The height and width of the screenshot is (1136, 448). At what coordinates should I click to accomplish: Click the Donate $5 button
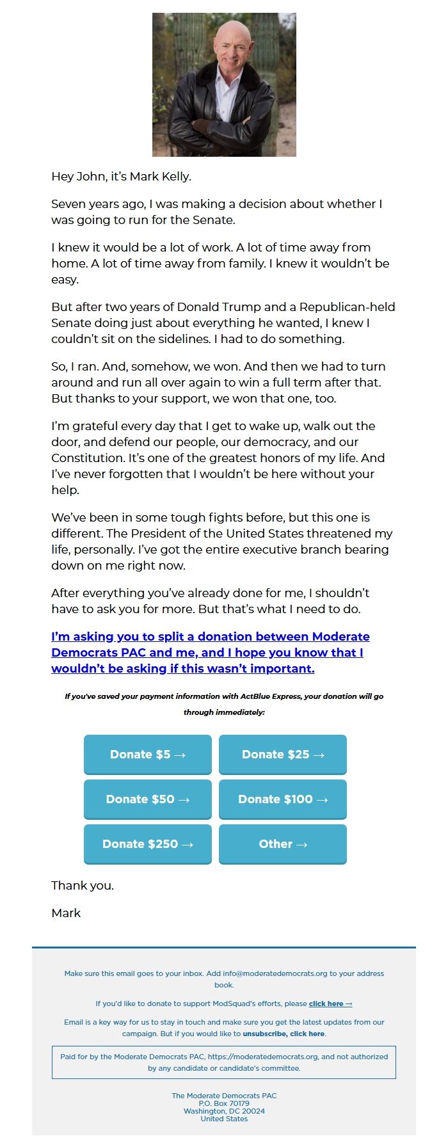click(x=147, y=755)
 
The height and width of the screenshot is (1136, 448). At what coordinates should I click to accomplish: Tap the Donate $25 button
click(x=282, y=755)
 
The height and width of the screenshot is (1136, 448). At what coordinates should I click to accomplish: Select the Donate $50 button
click(x=147, y=799)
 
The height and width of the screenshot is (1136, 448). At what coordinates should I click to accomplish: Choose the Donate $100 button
click(x=282, y=799)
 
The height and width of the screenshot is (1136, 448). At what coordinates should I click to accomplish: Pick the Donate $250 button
click(x=147, y=844)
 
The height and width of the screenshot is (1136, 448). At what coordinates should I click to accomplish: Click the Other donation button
click(x=282, y=844)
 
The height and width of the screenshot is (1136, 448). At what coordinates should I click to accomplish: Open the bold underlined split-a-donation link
click(x=210, y=652)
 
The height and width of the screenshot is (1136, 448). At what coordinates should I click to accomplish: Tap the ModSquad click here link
click(x=330, y=1004)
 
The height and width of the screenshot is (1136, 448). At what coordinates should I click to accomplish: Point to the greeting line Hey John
click(x=121, y=177)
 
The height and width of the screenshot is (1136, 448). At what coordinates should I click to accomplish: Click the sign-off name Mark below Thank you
click(x=66, y=913)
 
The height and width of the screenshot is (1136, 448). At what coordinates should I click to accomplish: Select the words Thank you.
click(x=83, y=886)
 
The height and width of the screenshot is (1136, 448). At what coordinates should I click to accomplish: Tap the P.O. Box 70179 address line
click(x=224, y=1103)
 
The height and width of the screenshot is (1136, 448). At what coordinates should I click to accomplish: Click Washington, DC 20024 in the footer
click(x=224, y=1111)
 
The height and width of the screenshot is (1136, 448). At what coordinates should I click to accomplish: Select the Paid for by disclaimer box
click(x=224, y=1062)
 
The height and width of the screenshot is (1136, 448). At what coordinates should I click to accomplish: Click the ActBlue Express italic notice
click(x=224, y=704)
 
